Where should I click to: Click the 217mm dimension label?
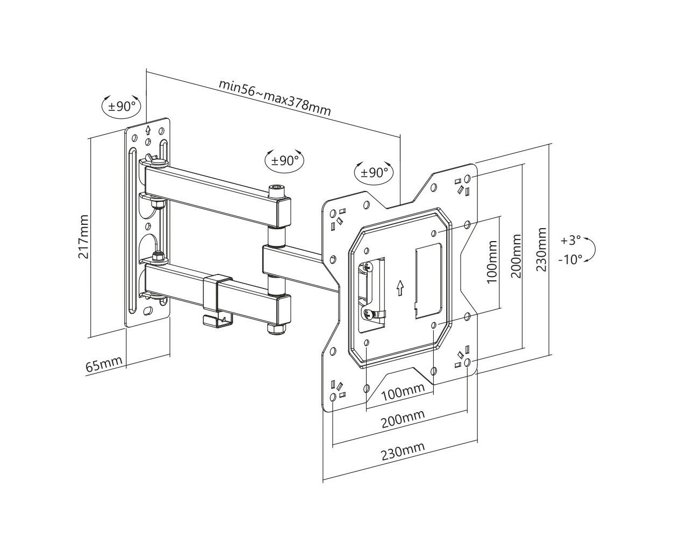(83, 236)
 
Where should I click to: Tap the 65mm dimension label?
(104, 364)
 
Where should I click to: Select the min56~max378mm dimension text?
(275, 97)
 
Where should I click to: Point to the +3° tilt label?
(571, 241)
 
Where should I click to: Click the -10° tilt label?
(570, 259)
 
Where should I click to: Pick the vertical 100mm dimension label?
(492, 262)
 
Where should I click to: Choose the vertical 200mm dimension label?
(516, 256)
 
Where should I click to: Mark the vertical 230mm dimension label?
(541, 250)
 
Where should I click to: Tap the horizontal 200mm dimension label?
(403, 419)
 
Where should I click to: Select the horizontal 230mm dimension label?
(403, 451)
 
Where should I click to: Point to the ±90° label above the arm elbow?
(285, 161)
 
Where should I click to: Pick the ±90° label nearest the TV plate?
(374, 173)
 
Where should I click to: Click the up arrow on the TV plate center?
(400, 287)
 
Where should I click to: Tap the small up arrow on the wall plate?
(148, 130)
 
